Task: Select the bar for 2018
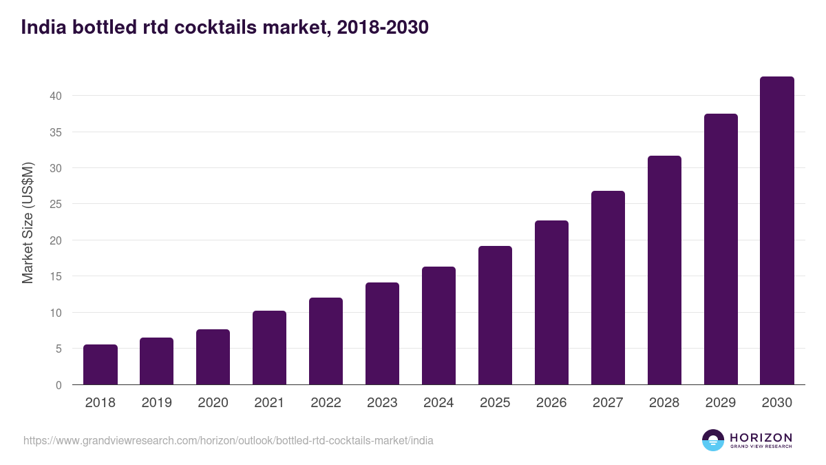point(100,364)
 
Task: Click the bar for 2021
point(269,348)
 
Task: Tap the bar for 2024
point(438,326)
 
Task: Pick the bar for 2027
point(608,288)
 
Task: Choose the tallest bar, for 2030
point(777,231)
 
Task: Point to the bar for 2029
point(721,249)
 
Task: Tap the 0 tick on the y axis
point(59,385)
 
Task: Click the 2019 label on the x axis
point(157,403)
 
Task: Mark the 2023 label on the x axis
point(382,403)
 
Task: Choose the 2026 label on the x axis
point(551,403)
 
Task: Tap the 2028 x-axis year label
point(664,403)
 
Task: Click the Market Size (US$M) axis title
point(28,223)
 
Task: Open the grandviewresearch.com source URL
point(229,440)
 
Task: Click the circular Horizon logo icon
point(713,440)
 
